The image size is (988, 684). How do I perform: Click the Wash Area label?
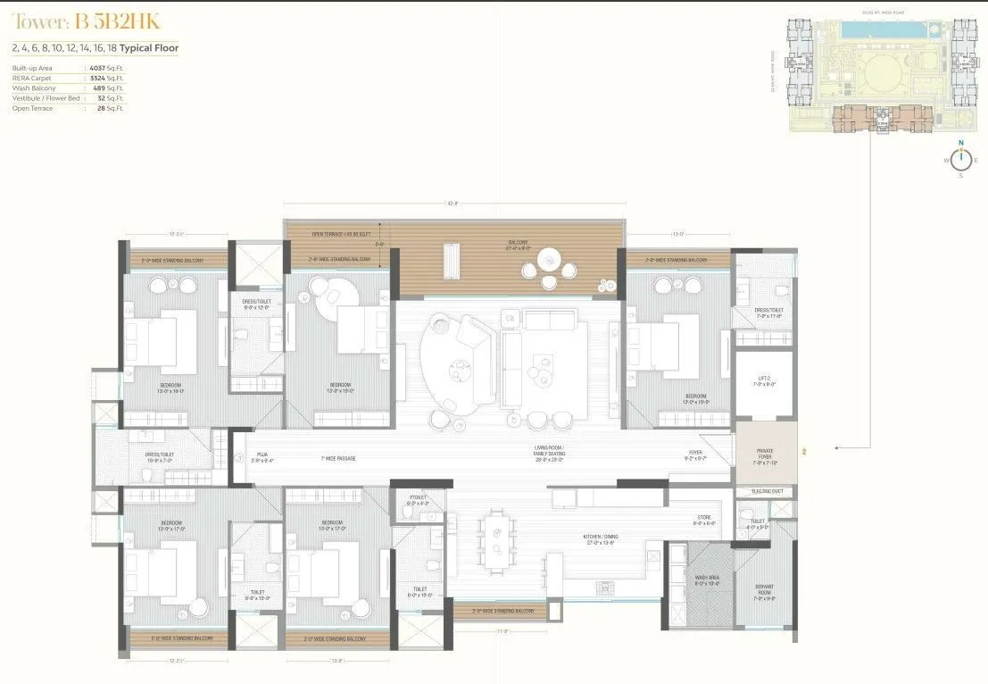coord(707,580)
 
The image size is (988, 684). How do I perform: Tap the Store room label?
coord(704,520)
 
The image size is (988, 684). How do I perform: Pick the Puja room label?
coord(262,458)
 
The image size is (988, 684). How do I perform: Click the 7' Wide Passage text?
coord(338,458)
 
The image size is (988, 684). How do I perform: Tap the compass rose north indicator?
coord(961,143)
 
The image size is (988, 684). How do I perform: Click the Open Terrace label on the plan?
coord(329,234)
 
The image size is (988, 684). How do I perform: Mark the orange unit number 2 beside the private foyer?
coord(804,453)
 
